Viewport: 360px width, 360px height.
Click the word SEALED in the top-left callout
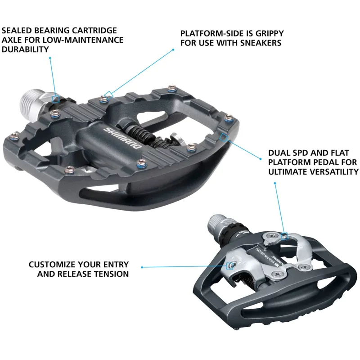click(x=16, y=31)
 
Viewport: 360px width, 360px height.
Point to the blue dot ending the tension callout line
click(x=142, y=267)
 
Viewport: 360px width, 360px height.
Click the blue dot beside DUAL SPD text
click(x=261, y=158)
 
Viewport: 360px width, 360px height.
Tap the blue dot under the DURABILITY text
click(x=50, y=58)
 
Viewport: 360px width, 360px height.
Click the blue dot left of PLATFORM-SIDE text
click(x=173, y=49)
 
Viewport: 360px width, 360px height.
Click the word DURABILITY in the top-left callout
click(x=25, y=49)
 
